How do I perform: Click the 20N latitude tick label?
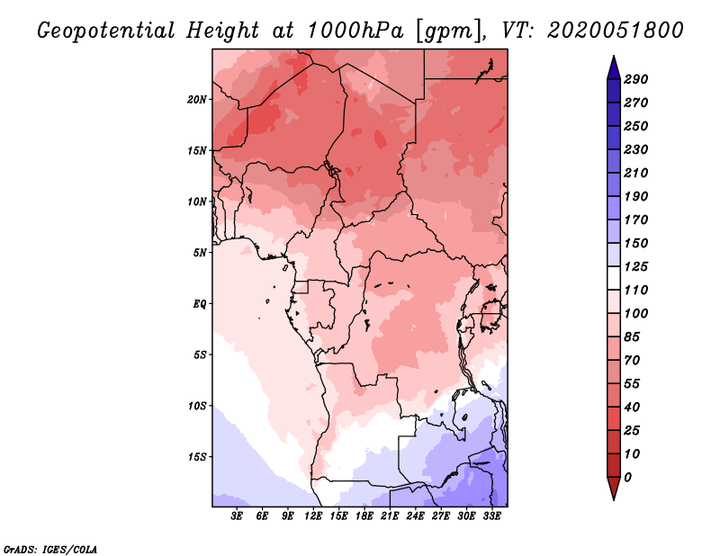click(196, 100)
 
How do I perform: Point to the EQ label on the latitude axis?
click(199, 304)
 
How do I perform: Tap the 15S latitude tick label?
click(196, 457)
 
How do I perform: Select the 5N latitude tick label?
click(199, 253)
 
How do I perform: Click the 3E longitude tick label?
click(237, 516)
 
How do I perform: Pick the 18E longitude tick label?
click(364, 516)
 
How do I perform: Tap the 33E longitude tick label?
click(491, 516)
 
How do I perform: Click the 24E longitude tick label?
click(415, 516)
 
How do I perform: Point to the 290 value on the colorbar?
click(635, 79)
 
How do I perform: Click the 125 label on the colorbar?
click(635, 266)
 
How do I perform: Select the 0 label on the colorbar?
click(627, 478)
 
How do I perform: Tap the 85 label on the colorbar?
click(632, 337)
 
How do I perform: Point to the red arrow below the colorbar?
click(614, 489)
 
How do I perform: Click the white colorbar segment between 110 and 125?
click(614, 278)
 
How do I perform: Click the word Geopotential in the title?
click(106, 31)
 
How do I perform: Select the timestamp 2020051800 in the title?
click(616, 31)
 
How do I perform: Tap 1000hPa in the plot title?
click(355, 31)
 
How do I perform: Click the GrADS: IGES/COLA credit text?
click(50, 549)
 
